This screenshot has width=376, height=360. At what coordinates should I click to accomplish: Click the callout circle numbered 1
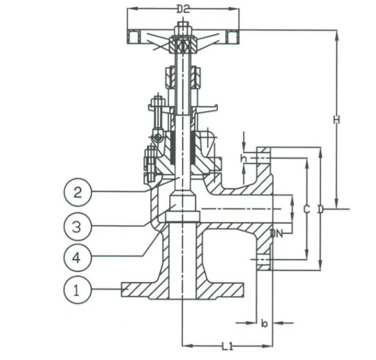pos(77,291)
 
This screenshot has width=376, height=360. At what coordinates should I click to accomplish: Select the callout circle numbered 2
pos(77,192)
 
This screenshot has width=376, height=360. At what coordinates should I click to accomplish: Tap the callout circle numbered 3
pos(77,226)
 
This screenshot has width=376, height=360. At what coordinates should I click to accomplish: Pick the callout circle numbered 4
pos(77,258)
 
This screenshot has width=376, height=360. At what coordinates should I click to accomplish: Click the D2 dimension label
pos(183,9)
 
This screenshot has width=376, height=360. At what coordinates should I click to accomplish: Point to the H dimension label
pos(337,120)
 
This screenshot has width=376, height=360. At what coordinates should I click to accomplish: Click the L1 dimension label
pos(227,346)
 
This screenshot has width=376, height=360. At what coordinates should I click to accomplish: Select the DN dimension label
pos(277,234)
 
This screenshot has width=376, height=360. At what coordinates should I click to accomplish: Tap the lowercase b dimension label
pos(264,324)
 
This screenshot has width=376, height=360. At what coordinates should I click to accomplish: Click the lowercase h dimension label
pos(243,158)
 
